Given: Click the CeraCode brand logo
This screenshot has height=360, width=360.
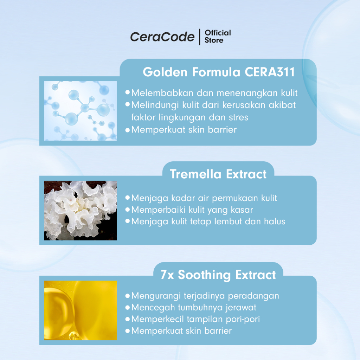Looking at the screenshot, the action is [x=162, y=37].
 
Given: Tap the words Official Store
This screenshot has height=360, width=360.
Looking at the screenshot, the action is [x=218, y=37].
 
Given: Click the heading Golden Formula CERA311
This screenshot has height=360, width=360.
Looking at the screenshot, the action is [x=219, y=72].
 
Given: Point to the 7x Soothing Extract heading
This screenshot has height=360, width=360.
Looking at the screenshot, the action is [x=218, y=275].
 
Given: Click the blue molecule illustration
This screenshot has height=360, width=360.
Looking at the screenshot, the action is [x=81, y=111].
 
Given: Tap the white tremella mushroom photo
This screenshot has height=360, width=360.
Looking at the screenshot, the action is [x=81, y=211].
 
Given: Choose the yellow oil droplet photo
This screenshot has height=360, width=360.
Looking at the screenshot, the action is [x=81, y=310].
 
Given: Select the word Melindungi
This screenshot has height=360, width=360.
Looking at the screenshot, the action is [x=155, y=105].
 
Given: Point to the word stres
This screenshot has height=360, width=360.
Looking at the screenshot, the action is [x=238, y=117].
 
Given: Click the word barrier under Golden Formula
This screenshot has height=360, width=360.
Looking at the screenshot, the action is [x=222, y=130].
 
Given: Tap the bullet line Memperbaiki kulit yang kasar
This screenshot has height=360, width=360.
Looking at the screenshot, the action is [x=192, y=210].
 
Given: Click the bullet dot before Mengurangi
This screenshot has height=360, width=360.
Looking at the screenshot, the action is [x=128, y=296].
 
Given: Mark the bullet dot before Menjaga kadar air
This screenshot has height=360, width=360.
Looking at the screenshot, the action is [x=128, y=198].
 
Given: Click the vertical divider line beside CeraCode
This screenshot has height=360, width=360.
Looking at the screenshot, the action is [x=200, y=37].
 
